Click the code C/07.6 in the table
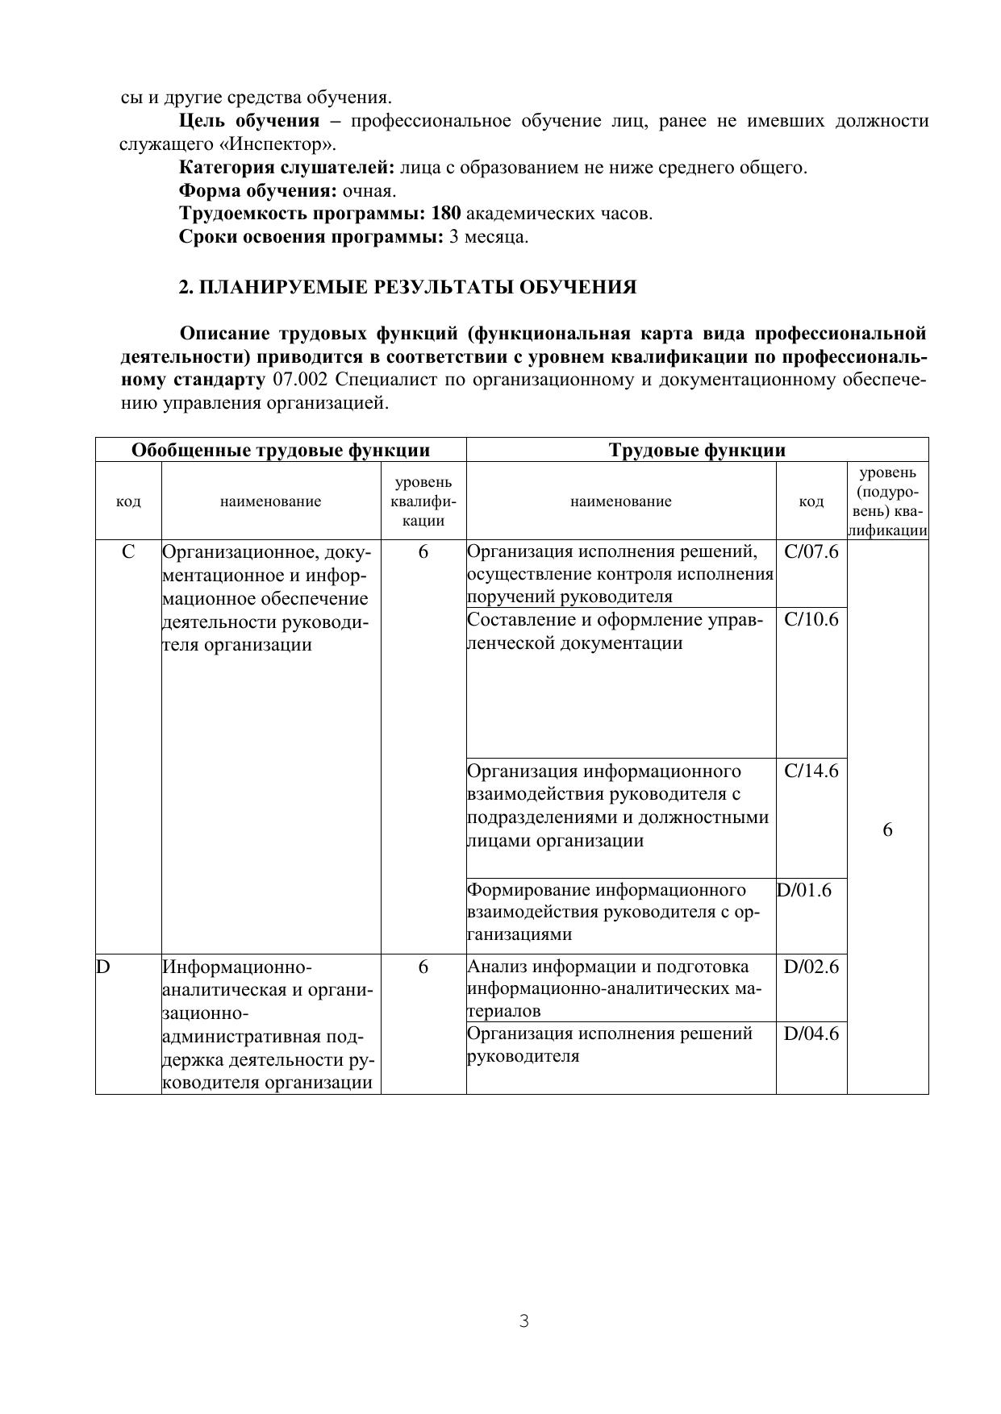coord(811,552)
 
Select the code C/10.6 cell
coord(811,620)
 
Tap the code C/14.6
coord(811,771)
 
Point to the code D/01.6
coord(804,890)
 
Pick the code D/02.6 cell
coord(811,967)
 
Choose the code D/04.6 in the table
coord(811,1034)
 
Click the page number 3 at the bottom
coord(523,1321)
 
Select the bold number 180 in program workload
coord(446,214)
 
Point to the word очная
coord(369,191)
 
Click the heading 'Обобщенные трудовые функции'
coord(281,450)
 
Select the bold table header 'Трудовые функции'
coord(697,450)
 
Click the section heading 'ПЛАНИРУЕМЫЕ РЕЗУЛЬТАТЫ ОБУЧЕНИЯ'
coord(407,287)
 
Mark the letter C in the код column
coord(128,552)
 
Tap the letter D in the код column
coord(103,967)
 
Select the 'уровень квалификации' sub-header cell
coord(423,501)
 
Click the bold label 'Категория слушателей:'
coord(286,168)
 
